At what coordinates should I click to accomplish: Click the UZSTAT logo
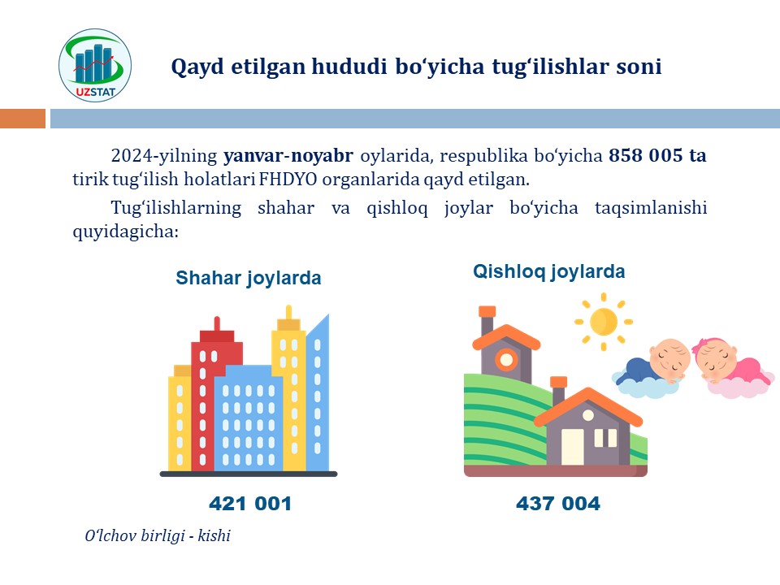95,65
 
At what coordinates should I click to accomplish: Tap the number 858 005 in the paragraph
646,155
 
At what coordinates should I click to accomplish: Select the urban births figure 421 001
250,504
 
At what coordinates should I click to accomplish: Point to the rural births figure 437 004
558,504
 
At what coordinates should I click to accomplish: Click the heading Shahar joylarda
249,278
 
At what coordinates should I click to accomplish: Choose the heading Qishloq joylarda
548,271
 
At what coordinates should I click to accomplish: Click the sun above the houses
604,322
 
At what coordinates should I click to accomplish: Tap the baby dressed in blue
652,369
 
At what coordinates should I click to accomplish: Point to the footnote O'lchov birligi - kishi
158,535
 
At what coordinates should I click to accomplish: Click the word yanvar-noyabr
288,156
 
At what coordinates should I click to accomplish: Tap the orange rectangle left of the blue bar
23,119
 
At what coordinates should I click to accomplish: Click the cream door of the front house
573,446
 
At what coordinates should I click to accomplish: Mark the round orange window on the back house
506,359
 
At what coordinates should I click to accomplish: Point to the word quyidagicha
125,232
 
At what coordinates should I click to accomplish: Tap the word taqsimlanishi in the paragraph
651,208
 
